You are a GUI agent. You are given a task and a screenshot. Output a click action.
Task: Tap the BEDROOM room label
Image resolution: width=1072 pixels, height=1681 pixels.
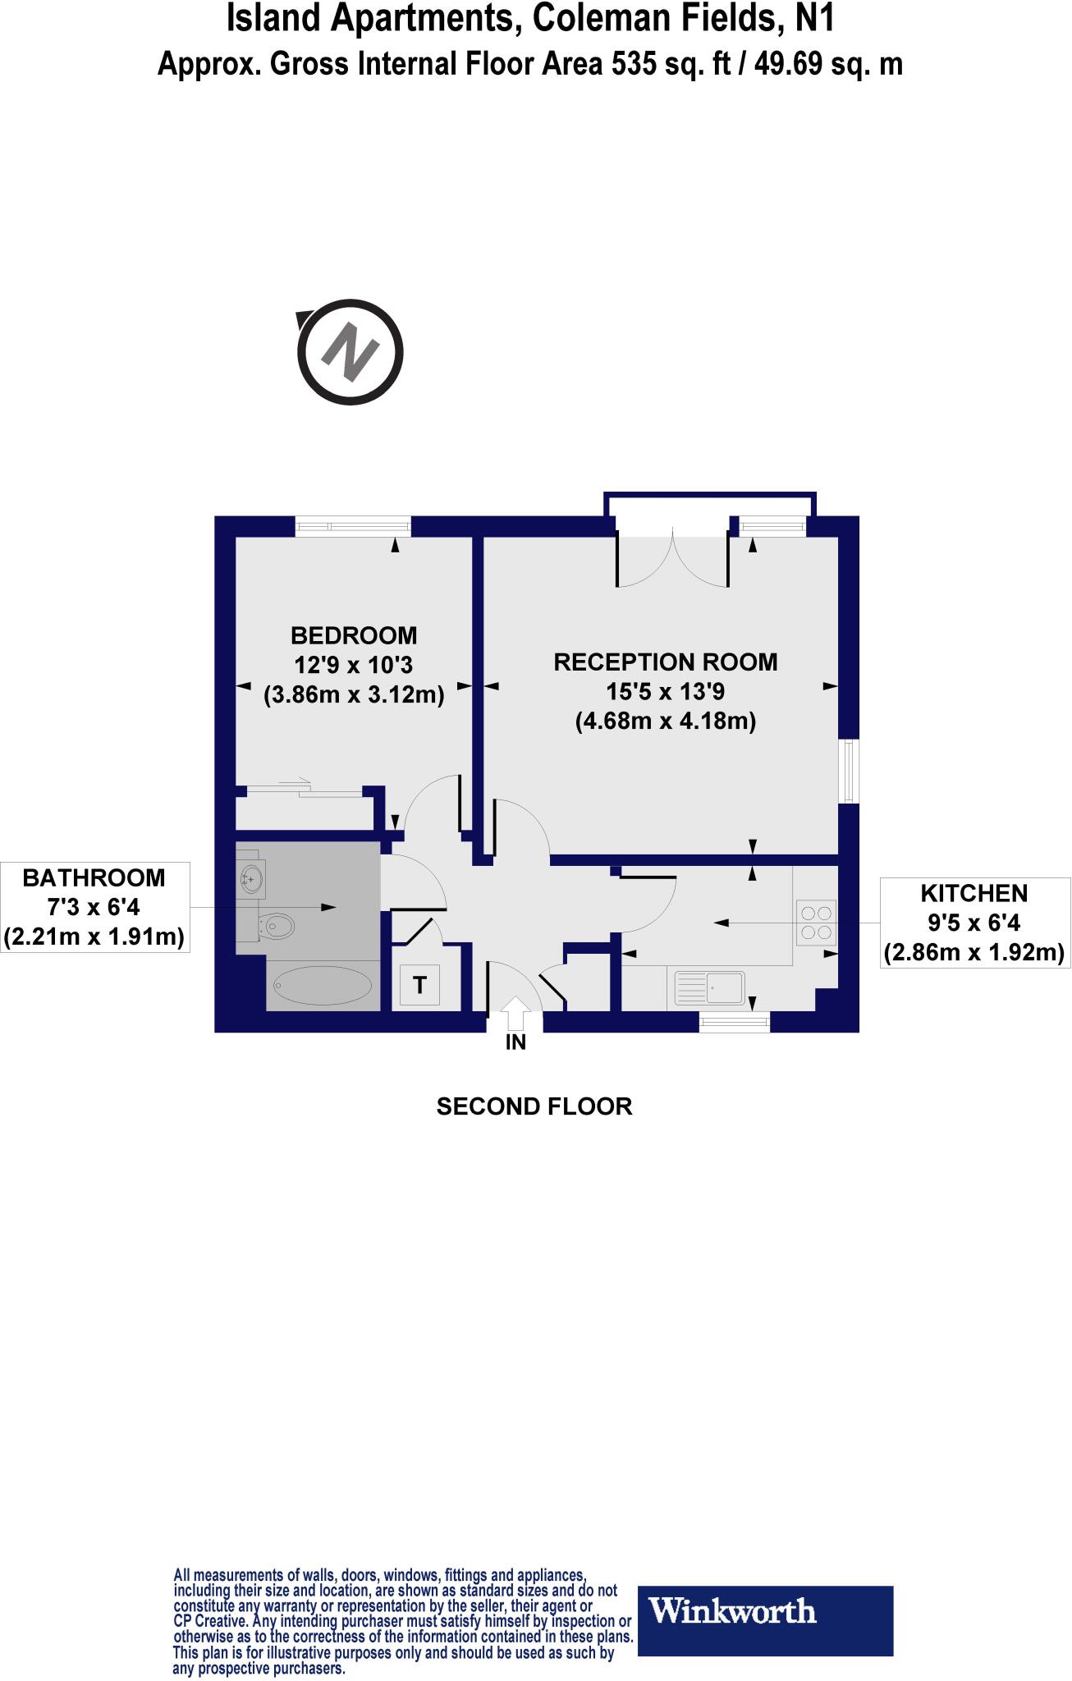pos(354,635)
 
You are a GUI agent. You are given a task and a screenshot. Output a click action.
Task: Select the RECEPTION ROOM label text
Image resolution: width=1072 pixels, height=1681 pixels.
pos(665,662)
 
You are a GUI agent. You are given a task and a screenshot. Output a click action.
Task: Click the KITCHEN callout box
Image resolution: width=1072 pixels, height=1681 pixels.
pos(974,923)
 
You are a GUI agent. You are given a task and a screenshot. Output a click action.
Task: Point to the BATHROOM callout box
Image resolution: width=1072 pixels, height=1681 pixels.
pos(94,907)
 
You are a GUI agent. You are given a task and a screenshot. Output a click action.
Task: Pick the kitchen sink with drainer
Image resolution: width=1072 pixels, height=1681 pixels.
pos(709,987)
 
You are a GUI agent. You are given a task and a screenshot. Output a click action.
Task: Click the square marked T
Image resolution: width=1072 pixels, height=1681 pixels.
pos(419,985)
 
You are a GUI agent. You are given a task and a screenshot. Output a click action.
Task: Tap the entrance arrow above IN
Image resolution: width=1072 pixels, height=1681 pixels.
pos(515,1013)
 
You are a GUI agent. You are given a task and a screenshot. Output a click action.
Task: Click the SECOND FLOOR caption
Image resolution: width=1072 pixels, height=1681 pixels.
pos(534,1106)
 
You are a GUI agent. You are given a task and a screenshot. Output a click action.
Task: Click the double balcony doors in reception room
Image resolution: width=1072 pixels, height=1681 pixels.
pos(672,559)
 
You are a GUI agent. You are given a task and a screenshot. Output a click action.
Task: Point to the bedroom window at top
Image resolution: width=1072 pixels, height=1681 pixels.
pos(353,525)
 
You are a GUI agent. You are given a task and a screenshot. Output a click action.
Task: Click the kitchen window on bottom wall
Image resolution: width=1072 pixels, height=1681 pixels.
pos(735,1021)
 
